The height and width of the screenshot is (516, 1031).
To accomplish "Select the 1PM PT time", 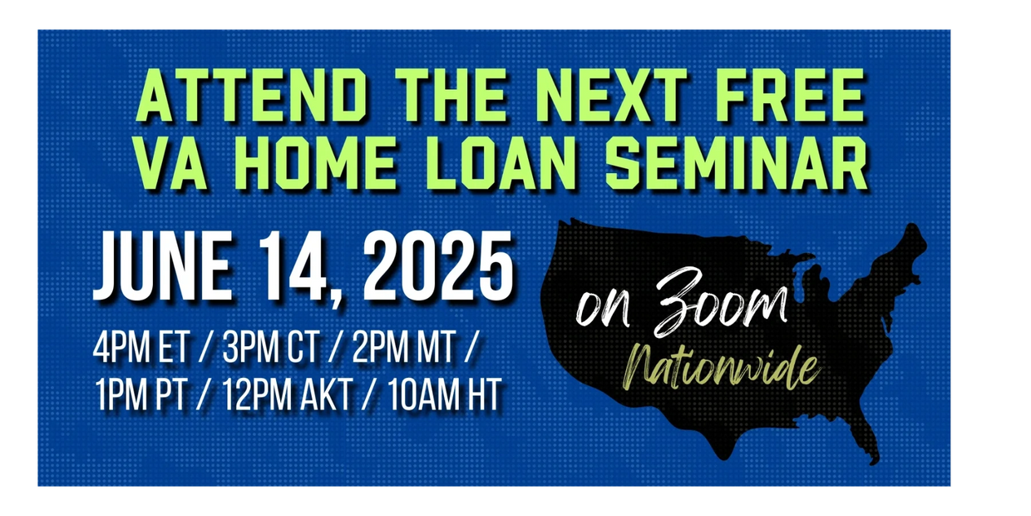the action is pyautogui.click(x=141, y=394).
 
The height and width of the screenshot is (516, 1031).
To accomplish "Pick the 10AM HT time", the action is pyautogui.click(x=445, y=394).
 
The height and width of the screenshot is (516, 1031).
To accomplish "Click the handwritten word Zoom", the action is pyautogui.click(x=720, y=302).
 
